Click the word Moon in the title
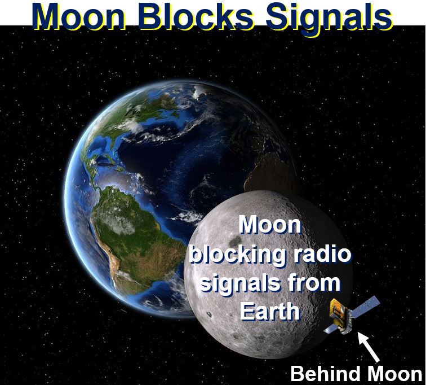pos(79,16)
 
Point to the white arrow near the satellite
pos(369,347)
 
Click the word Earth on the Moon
pos(270,311)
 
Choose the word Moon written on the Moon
pos(270,225)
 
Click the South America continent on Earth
pos(133,239)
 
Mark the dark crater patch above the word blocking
pos(234,240)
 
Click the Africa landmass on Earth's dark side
pos(269,169)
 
